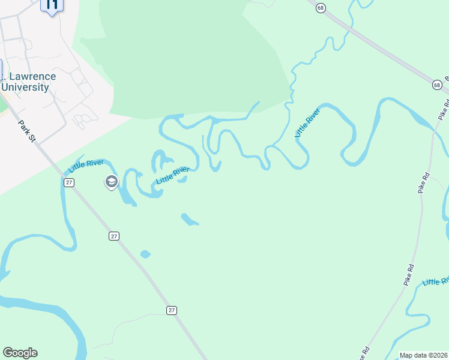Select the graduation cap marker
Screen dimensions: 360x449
click(x=111, y=181)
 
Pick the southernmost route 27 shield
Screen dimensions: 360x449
click(x=172, y=310)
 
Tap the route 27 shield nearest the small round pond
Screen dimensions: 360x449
click(x=114, y=236)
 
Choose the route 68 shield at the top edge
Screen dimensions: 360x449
click(x=322, y=7)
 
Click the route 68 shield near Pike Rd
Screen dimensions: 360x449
click(x=436, y=85)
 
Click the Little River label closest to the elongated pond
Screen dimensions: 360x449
click(x=173, y=175)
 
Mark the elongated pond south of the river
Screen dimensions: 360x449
click(x=189, y=220)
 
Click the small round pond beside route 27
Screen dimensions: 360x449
click(x=145, y=254)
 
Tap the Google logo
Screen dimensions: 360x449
click(x=20, y=353)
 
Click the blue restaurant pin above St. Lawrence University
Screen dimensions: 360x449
click(x=52, y=6)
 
